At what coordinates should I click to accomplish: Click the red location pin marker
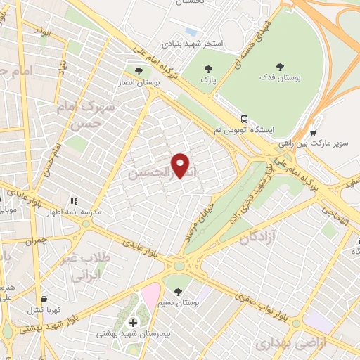tap(181, 165)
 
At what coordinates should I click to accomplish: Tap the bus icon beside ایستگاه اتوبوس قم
tap(244, 119)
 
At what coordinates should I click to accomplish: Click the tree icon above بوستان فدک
tap(280, 67)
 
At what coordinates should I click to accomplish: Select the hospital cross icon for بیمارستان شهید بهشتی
tap(132, 323)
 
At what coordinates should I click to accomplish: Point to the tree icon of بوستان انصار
tap(139, 70)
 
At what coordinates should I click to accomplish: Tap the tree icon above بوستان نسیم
tap(177, 290)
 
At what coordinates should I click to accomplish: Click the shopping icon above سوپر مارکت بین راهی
tap(313, 131)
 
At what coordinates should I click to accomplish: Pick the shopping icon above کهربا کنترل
tap(44, 298)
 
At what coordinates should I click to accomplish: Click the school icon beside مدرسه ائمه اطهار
tap(72, 201)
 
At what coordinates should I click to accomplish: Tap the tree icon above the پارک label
tap(207, 69)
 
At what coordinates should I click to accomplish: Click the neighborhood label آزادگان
tap(256, 239)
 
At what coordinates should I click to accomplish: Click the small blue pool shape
tap(191, 32)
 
